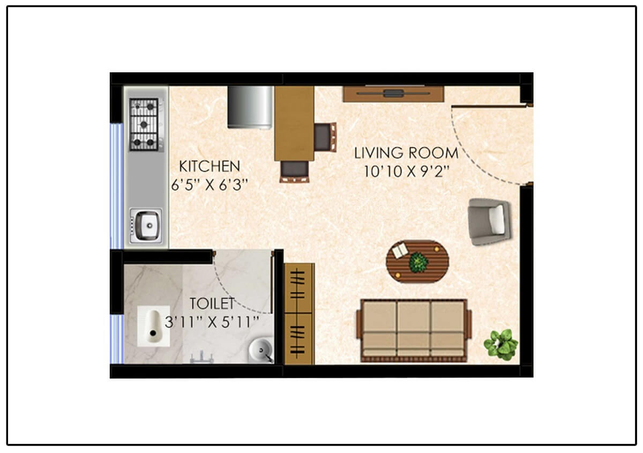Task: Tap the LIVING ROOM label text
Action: [x=406, y=153]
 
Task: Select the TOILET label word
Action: [x=212, y=304]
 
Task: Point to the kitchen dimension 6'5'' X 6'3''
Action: [x=209, y=185]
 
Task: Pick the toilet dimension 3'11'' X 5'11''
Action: [x=212, y=322]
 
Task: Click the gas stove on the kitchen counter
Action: [x=144, y=124]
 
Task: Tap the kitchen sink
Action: [x=145, y=225]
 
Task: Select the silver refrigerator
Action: [x=250, y=107]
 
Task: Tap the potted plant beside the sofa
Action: [x=501, y=344]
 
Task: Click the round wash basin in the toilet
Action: [x=261, y=352]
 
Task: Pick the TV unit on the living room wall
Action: [x=393, y=94]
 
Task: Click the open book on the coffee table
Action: [x=400, y=250]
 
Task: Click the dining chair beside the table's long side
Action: [x=325, y=136]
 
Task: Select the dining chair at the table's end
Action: [x=295, y=170]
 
